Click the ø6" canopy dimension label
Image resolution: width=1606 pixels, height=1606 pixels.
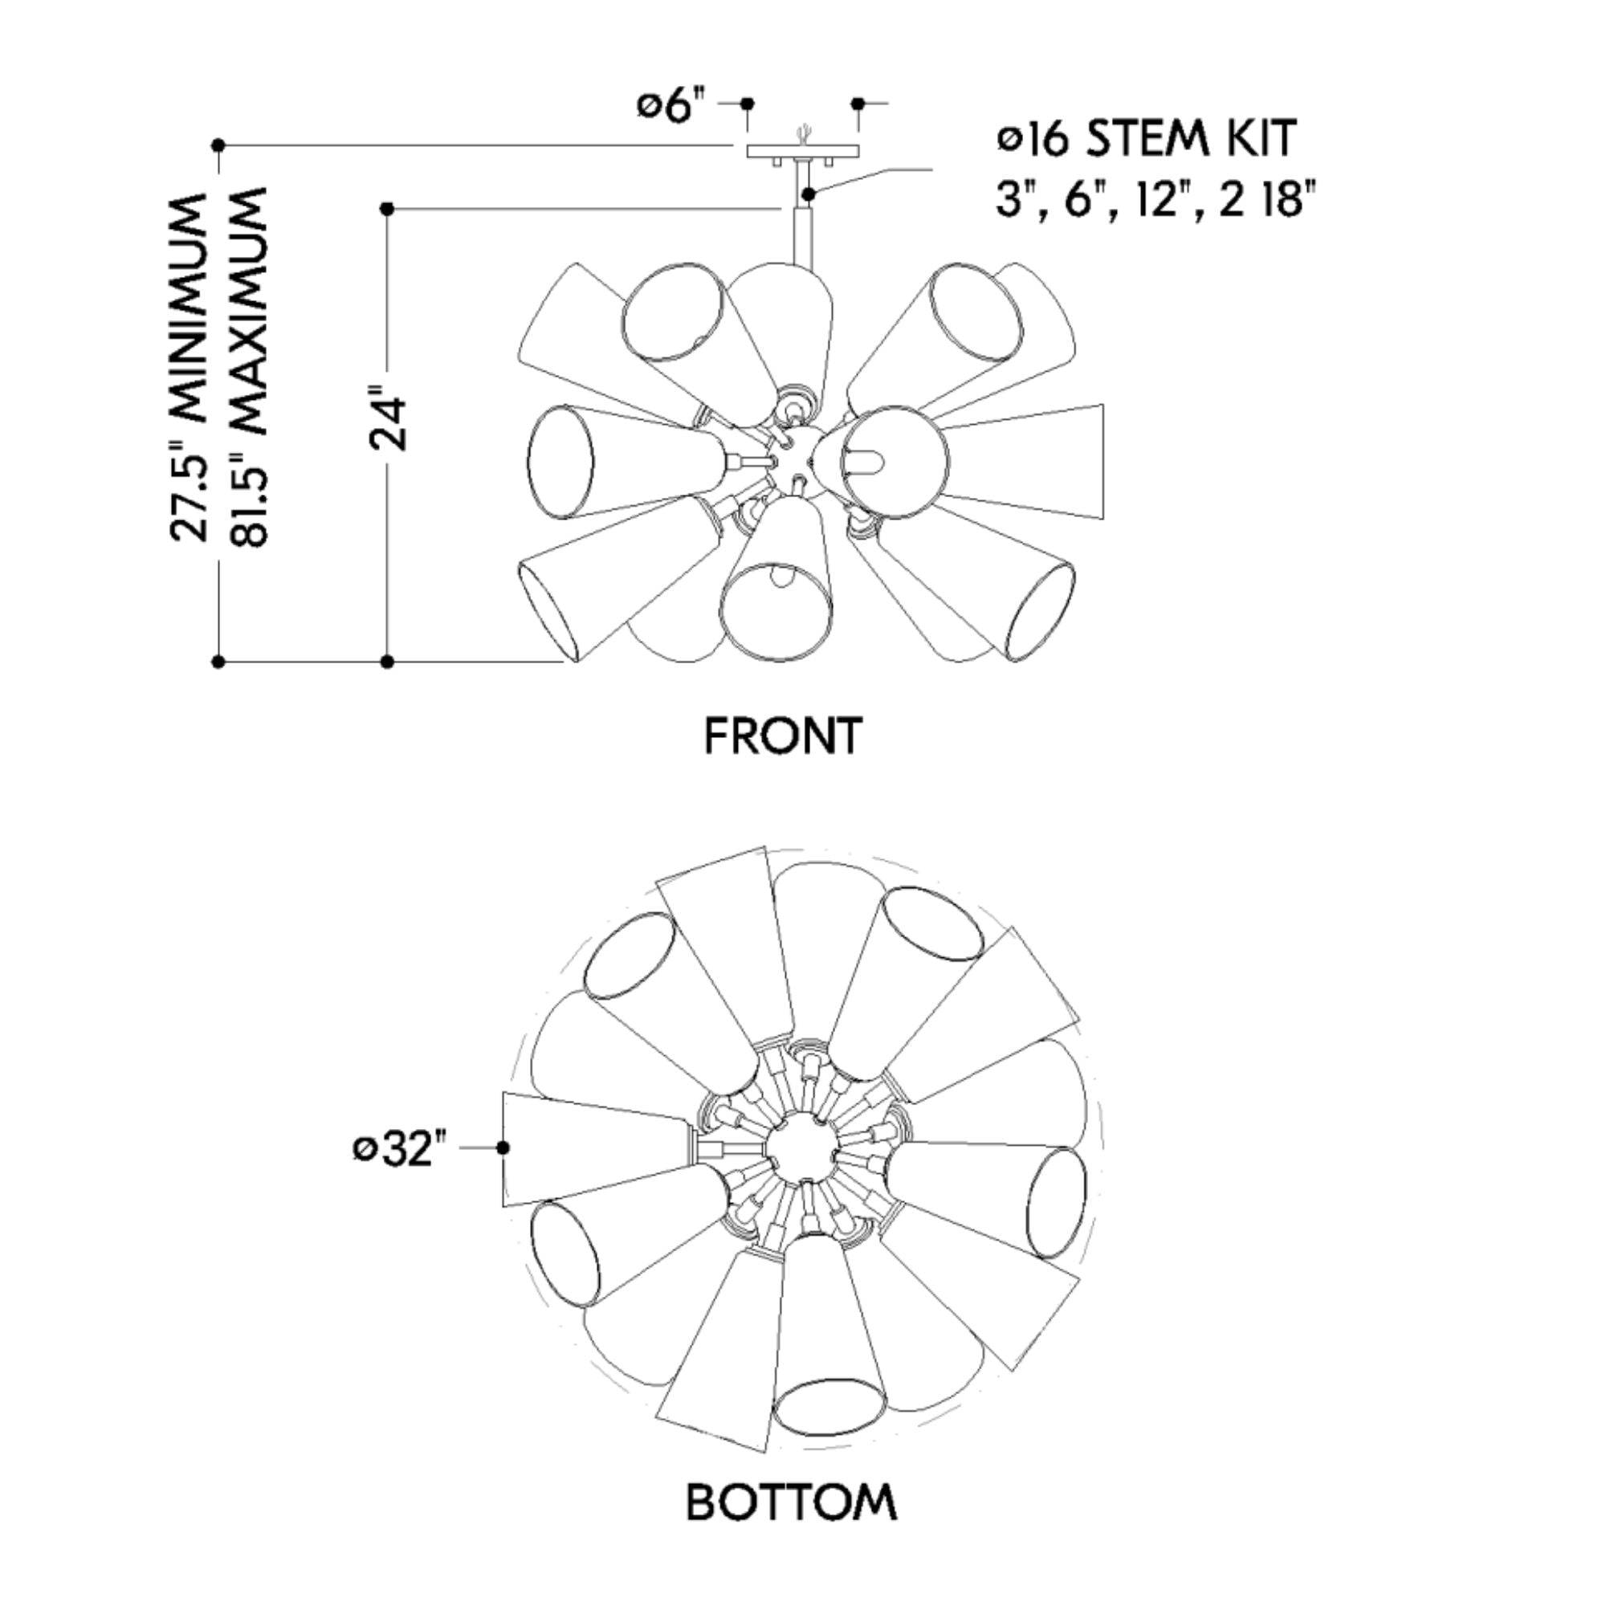(671, 107)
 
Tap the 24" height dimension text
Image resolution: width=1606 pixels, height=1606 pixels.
(389, 423)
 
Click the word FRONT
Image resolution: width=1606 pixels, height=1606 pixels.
(782, 736)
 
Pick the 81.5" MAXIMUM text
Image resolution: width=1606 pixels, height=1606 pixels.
(249, 365)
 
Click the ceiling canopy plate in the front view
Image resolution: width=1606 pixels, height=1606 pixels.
(803, 152)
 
